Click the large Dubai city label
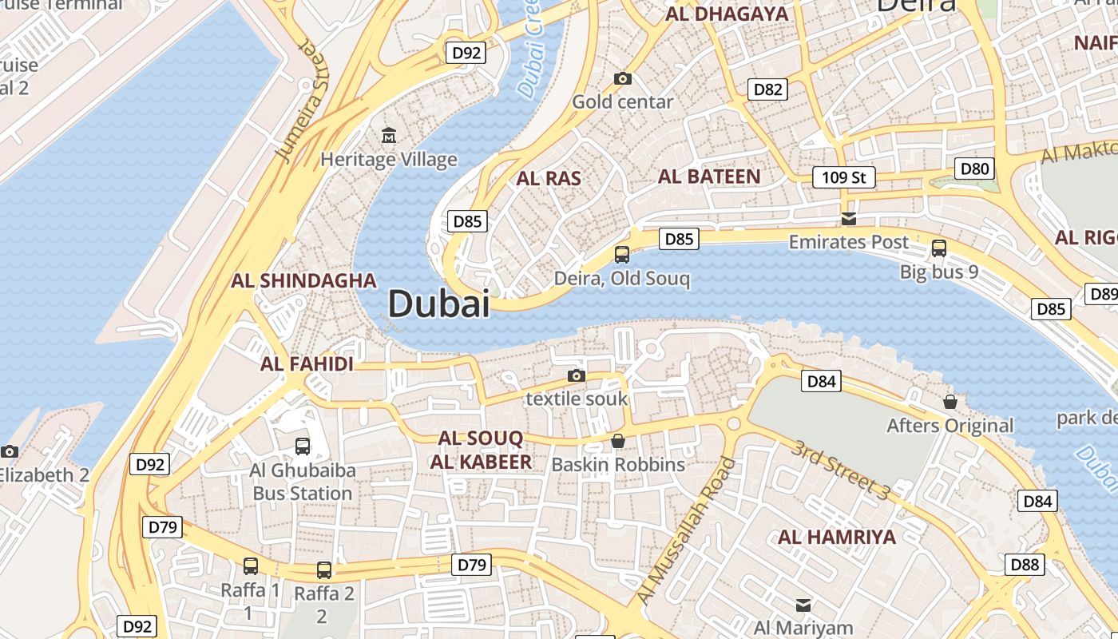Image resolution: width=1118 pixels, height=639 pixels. click(x=438, y=304)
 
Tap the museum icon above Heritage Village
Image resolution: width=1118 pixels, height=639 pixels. click(x=389, y=136)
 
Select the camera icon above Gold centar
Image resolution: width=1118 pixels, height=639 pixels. click(x=622, y=78)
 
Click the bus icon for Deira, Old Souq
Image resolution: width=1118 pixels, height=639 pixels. click(x=621, y=255)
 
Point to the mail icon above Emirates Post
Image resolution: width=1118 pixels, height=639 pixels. click(x=848, y=219)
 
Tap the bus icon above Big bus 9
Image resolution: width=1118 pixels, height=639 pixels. click(x=938, y=248)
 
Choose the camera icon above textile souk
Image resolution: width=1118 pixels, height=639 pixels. click(x=576, y=375)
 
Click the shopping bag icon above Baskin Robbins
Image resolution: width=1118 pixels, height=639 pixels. click(x=617, y=441)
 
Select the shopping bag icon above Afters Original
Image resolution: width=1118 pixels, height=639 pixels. click(x=950, y=401)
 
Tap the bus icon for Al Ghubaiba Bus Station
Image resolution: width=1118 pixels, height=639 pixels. click(x=302, y=447)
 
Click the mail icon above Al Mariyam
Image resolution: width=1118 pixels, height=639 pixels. click(x=803, y=605)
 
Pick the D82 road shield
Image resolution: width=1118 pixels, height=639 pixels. click(x=768, y=89)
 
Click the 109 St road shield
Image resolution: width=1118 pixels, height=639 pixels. click(x=843, y=177)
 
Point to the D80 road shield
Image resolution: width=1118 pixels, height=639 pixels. click(x=974, y=169)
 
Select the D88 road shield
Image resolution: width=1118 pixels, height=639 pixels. click(x=1025, y=565)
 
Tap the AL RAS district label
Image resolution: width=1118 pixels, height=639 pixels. click(x=549, y=178)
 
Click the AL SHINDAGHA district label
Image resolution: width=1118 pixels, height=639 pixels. click(x=303, y=280)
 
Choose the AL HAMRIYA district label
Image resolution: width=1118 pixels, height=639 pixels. click(x=837, y=537)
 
